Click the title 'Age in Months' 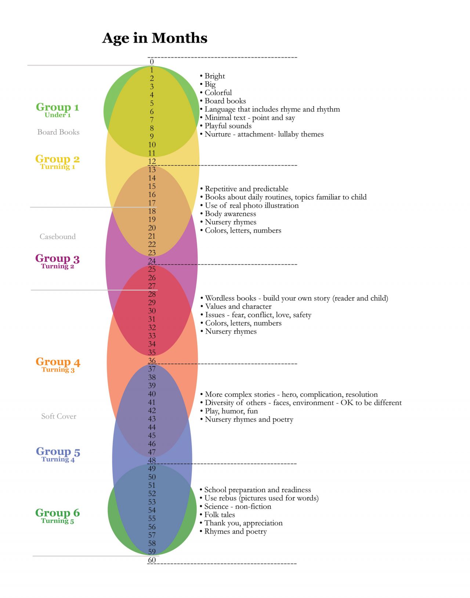[x=155, y=38]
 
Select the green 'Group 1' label [x=57, y=107]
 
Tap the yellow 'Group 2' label [x=57, y=159]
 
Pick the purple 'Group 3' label [x=57, y=258]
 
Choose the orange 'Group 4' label [x=58, y=362]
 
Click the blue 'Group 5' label [x=58, y=452]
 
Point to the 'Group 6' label [x=57, y=513]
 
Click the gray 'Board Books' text [x=58, y=132]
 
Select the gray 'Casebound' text [x=58, y=237]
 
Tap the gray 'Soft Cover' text [x=59, y=416]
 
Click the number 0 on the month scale [x=152, y=62]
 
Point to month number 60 [x=152, y=560]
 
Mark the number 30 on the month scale [x=152, y=311]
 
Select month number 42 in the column [x=152, y=411]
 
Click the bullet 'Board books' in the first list [x=225, y=101]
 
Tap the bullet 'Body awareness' [x=230, y=214]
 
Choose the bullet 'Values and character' [x=238, y=307]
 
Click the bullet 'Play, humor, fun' [x=231, y=411]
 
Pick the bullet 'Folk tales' [x=219, y=515]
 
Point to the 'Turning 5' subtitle [x=57, y=521]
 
